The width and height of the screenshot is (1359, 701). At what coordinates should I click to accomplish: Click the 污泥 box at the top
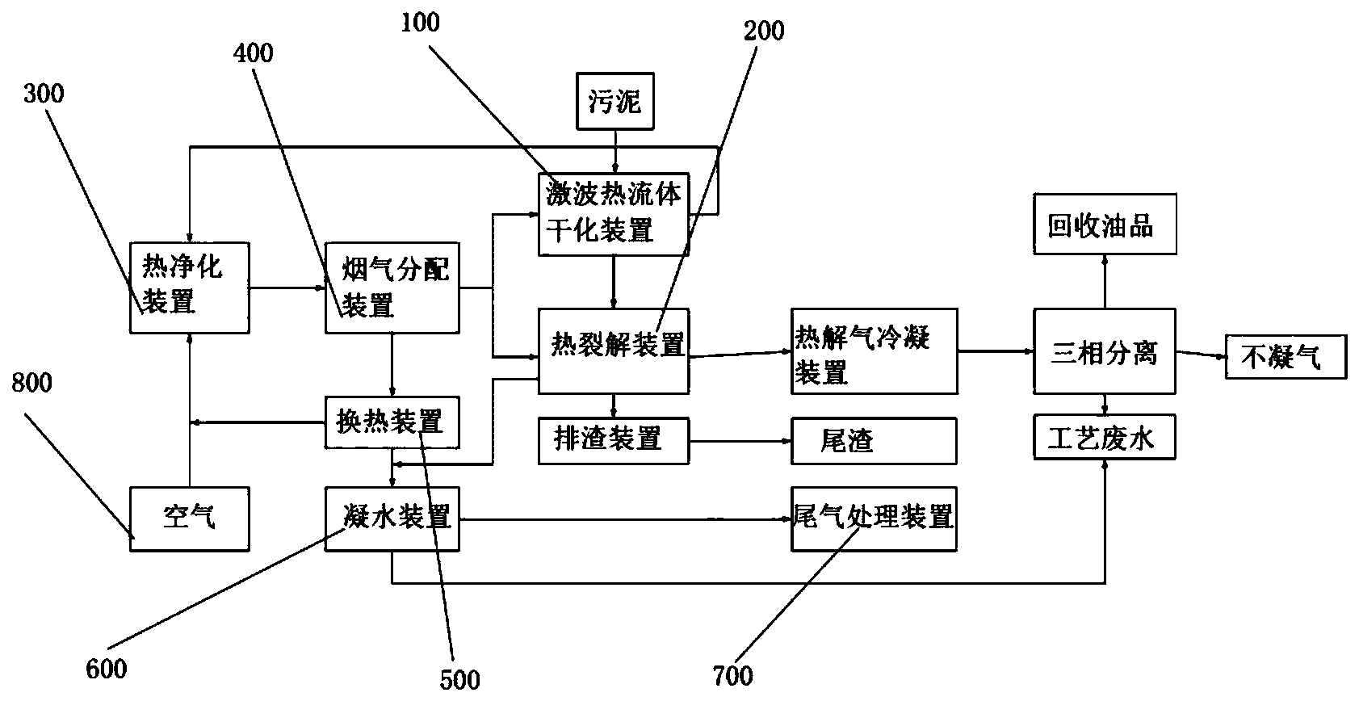point(615,101)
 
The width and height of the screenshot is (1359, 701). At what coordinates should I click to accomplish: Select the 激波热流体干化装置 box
point(614,213)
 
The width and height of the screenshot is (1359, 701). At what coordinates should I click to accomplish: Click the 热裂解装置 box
point(614,350)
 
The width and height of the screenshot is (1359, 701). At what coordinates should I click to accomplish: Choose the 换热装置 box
point(392,422)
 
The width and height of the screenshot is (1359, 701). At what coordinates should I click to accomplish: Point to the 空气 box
point(189,518)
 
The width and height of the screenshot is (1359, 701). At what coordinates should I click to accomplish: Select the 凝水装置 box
point(392,518)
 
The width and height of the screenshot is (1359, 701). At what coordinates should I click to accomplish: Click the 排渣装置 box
point(614,440)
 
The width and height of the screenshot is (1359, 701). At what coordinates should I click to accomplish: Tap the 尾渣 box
point(874,440)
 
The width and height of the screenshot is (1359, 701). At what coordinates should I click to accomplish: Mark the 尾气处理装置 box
point(874,518)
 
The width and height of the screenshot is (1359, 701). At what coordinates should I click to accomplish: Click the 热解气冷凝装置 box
point(874,350)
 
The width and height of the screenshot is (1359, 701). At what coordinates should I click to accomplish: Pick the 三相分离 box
point(1105,350)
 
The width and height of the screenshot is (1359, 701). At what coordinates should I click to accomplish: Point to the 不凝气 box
point(1286,356)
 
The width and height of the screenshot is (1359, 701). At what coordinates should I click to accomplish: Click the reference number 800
point(32,382)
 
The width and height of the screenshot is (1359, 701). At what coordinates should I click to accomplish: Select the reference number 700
point(733,675)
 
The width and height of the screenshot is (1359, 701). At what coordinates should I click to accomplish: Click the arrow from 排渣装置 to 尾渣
point(740,441)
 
